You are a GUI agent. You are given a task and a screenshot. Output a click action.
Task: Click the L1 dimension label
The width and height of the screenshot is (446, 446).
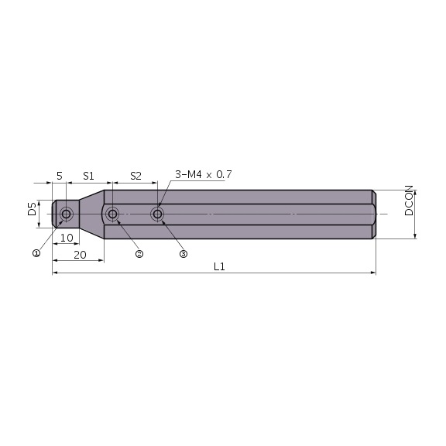(x=218, y=266)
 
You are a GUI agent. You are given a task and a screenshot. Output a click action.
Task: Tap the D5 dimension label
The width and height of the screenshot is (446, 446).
(x=32, y=209)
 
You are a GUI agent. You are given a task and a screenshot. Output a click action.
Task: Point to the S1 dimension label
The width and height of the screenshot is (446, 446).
(x=89, y=176)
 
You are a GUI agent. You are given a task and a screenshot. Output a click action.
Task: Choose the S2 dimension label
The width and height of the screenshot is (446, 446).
(x=136, y=176)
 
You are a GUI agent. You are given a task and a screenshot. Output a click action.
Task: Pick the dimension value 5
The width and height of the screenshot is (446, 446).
(x=59, y=176)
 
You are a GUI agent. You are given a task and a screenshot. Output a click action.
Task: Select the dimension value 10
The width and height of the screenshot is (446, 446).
(x=67, y=238)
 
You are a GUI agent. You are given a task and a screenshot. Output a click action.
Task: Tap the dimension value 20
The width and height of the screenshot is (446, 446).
(x=79, y=254)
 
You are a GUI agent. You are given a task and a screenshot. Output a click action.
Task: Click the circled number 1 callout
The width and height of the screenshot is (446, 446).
(x=36, y=252)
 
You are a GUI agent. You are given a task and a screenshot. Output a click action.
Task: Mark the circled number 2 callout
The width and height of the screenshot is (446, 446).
(x=139, y=253)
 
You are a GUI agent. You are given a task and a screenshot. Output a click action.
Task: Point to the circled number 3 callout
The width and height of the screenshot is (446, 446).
(x=184, y=253)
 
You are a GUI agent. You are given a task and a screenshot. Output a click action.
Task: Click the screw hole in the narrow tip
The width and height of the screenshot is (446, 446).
(x=67, y=214)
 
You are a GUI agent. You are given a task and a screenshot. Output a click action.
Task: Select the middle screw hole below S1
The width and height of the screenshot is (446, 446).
(x=113, y=214)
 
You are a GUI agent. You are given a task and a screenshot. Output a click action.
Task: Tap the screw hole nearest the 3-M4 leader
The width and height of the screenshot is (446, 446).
(x=158, y=214)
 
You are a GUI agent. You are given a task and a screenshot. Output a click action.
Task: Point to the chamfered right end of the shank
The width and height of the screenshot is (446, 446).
(x=373, y=214)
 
